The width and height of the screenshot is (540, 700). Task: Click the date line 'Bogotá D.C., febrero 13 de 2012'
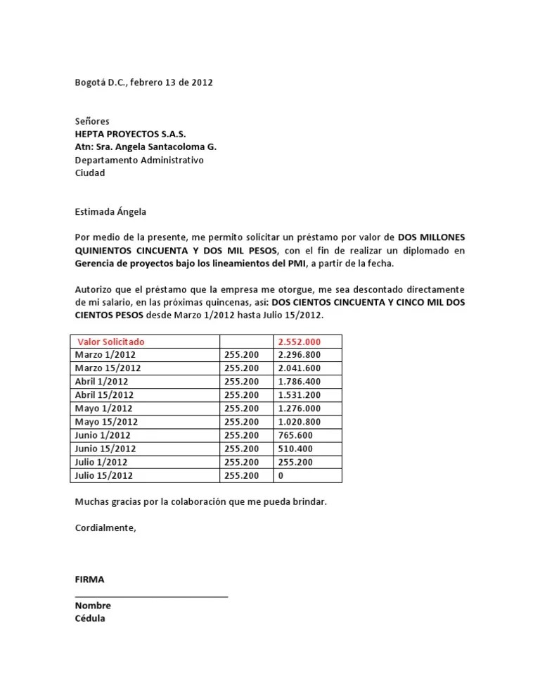(143, 82)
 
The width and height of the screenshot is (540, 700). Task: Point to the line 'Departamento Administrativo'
(139, 160)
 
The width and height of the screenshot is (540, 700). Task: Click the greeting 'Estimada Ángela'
(110, 211)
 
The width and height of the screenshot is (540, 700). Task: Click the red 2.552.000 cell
(300, 342)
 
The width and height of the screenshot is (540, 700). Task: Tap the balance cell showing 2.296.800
(300, 355)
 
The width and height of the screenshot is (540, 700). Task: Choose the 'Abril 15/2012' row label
(105, 395)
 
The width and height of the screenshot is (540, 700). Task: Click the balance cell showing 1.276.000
(300, 408)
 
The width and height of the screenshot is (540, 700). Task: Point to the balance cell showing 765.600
(295, 435)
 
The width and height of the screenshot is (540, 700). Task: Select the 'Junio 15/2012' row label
(105, 449)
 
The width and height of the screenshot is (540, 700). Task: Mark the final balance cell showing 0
(281, 475)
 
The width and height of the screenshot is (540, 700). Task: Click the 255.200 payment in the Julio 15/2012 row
(242, 475)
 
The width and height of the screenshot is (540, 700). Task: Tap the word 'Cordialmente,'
(105, 527)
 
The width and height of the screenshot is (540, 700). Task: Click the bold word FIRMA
(89, 580)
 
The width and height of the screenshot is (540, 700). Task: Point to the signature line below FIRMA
(151, 596)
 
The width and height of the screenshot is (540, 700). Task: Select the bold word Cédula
(90, 618)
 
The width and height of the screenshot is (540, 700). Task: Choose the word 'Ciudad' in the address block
(90, 173)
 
